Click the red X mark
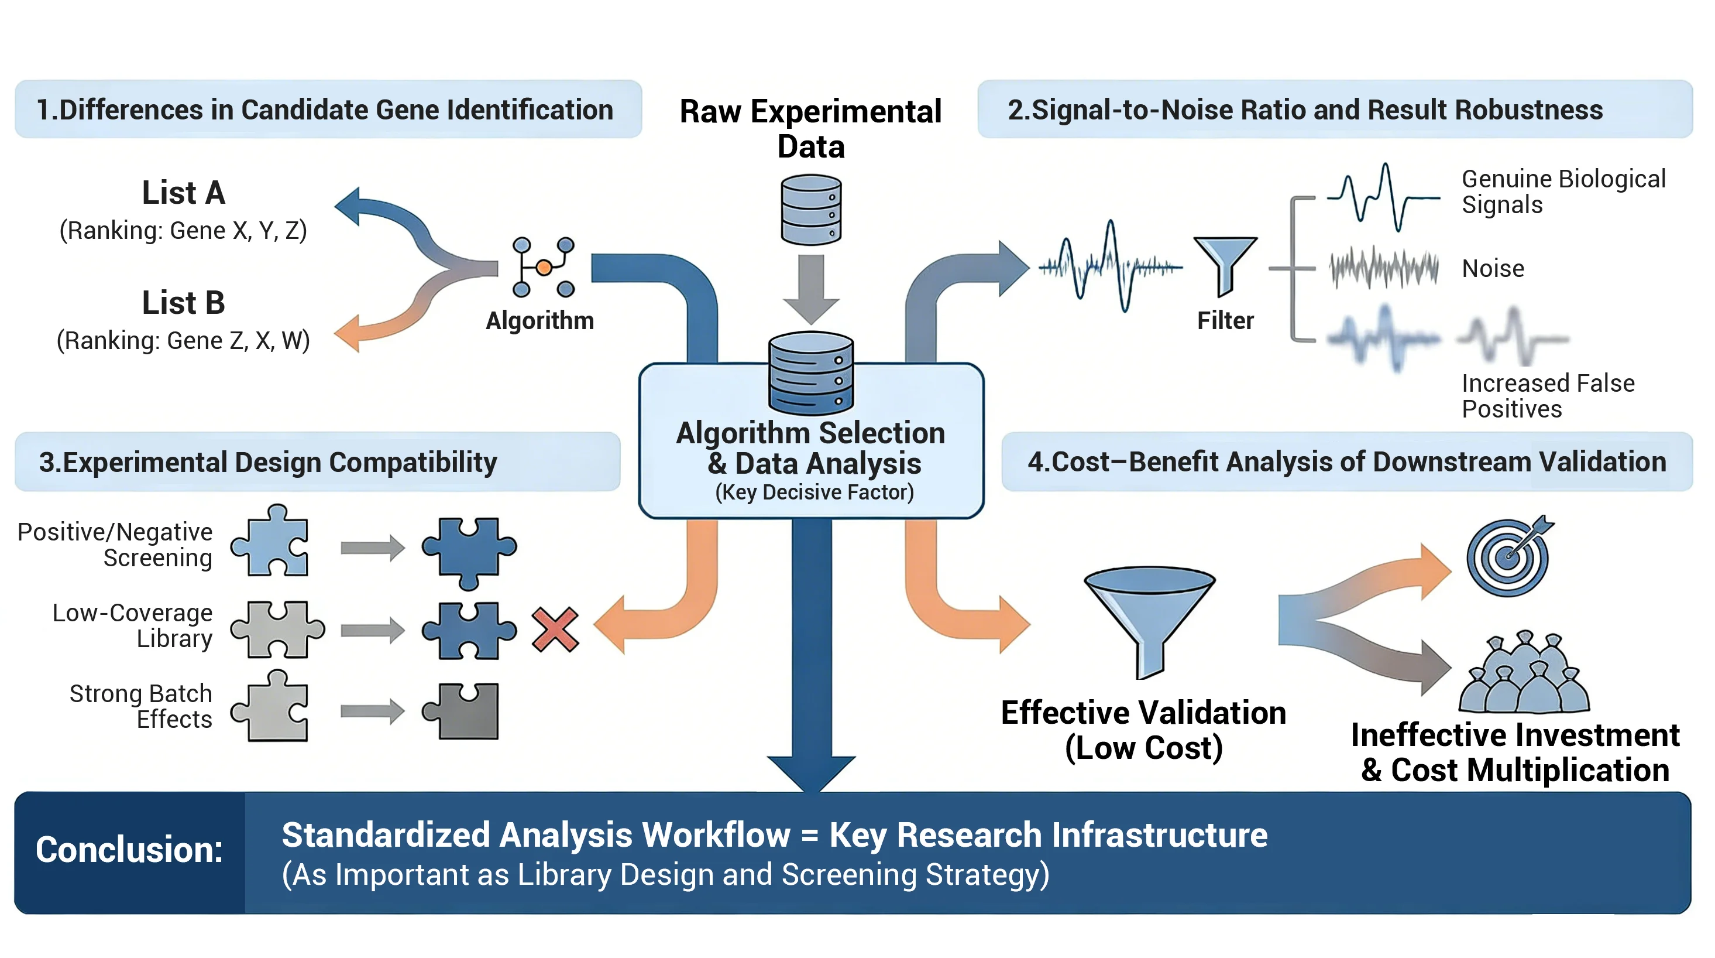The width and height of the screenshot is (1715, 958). [555, 629]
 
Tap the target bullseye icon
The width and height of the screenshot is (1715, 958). [1507, 557]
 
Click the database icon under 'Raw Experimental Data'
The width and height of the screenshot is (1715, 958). [811, 209]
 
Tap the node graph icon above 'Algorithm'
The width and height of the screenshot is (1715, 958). [543, 267]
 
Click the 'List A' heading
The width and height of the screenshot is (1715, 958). [184, 193]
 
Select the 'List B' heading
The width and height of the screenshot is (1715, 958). [184, 303]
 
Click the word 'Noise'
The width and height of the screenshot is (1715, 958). [1493, 268]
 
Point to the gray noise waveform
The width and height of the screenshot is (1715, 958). [1383, 268]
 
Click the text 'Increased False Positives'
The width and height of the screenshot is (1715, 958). [1547, 396]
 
